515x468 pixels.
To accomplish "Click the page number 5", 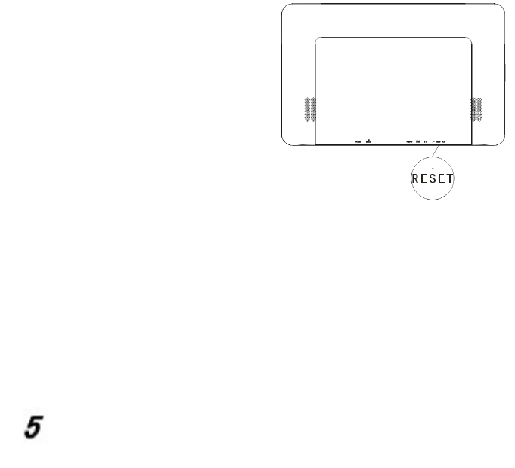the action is tap(34, 426).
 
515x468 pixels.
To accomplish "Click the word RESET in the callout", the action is tap(433, 178).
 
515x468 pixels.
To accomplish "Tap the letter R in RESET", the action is tap(415, 178).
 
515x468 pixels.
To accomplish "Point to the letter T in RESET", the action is tap(450, 178).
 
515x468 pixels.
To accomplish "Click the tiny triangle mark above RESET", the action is tap(433, 168).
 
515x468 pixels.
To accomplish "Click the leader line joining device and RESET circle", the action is tap(435, 151).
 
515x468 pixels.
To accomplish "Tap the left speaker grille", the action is tap(310, 109).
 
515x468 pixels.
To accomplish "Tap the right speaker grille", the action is tap(477, 109).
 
